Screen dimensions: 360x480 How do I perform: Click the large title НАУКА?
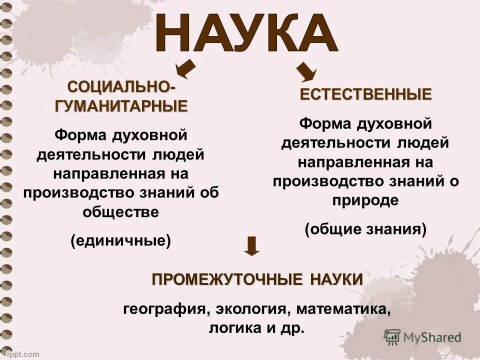click(x=246, y=32)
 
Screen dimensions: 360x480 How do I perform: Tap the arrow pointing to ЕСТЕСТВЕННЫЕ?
click(x=306, y=72)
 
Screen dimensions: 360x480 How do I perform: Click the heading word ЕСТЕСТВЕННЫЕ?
click(x=365, y=94)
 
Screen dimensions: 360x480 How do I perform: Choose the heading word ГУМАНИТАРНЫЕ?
click(x=121, y=105)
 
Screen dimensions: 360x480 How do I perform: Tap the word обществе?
click(x=121, y=212)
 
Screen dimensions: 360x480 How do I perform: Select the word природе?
click(x=365, y=200)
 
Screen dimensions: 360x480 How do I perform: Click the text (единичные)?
click(x=121, y=240)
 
